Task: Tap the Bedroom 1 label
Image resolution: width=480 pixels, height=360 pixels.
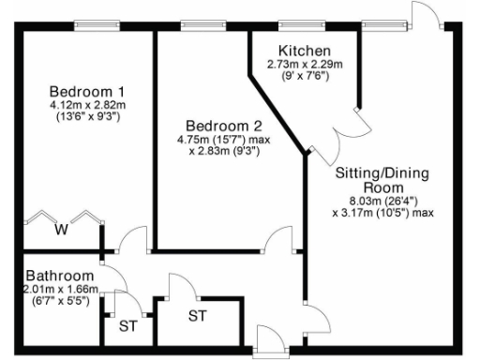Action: (87, 91)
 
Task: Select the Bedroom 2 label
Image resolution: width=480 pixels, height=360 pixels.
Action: (223, 126)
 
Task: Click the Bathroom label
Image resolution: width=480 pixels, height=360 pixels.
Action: (60, 277)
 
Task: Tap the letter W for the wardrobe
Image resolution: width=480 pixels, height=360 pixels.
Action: (61, 228)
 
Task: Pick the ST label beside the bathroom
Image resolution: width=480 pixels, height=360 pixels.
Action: (127, 326)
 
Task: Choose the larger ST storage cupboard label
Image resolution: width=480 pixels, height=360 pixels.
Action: (197, 315)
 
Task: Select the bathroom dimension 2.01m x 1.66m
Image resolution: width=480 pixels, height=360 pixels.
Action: (60, 290)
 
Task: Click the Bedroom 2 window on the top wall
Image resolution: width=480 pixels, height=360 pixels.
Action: (199, 25)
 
